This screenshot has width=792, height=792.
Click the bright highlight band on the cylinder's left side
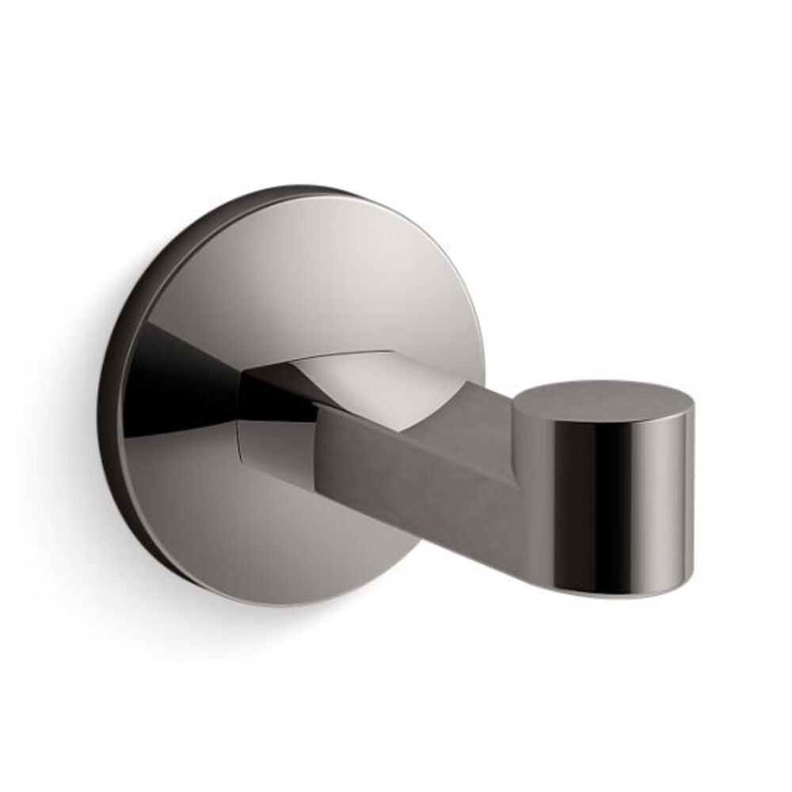(x=546, y=507)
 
